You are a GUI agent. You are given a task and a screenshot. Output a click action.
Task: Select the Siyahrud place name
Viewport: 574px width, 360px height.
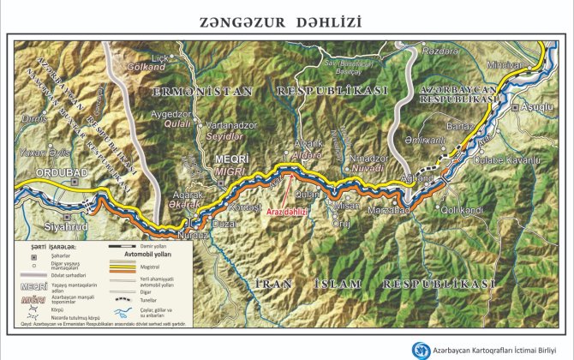[x=66, y=227]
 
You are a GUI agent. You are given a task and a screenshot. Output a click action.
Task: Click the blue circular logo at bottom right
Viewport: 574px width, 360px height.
[x=421, y=351]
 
